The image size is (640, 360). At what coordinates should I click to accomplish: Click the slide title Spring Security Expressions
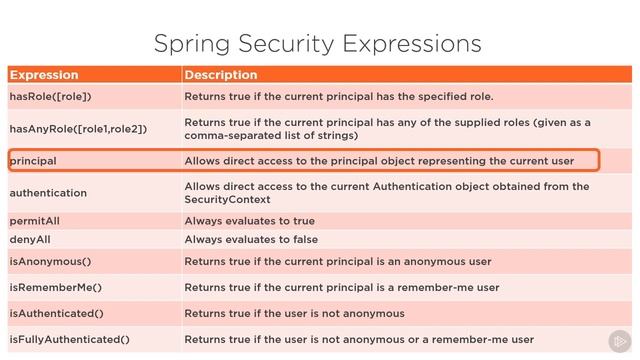click(318, 43)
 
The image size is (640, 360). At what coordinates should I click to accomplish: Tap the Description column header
click(221, 75)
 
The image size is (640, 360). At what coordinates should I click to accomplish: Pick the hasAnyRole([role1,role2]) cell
click(78, 129)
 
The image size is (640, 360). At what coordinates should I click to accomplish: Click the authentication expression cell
click(48, 192)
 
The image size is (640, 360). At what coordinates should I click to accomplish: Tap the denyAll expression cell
click(32, 239)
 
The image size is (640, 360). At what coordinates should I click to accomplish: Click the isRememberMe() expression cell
click(56, 288)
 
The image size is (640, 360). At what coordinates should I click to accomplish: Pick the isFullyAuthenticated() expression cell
click(69, 339)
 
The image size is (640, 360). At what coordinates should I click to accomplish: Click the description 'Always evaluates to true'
click(250, 221)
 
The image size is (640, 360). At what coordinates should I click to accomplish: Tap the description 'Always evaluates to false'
click(252, 239)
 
